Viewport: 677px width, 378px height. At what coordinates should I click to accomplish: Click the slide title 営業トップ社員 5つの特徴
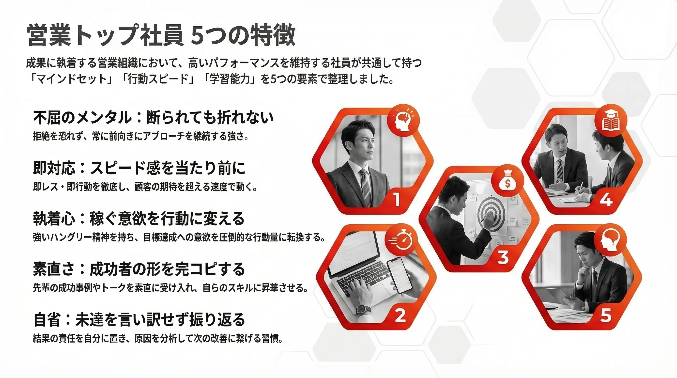(161, 35)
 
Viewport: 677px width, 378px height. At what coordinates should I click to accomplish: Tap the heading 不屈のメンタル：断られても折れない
(153, 117)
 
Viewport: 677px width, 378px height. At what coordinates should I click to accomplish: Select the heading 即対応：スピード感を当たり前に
(139, 168)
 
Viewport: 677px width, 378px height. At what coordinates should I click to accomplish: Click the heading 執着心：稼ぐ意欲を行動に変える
(139, 218)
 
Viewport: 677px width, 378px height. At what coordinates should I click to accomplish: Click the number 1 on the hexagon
(397, 199)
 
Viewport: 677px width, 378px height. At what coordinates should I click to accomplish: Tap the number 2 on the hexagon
(400, 315)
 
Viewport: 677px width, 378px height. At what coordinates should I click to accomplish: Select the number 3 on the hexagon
(503, 257)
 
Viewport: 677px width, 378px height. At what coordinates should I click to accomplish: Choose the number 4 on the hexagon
(606, 199)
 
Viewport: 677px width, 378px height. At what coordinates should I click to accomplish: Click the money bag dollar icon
(508, 181)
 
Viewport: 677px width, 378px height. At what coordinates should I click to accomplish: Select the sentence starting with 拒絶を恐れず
(141, 136)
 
